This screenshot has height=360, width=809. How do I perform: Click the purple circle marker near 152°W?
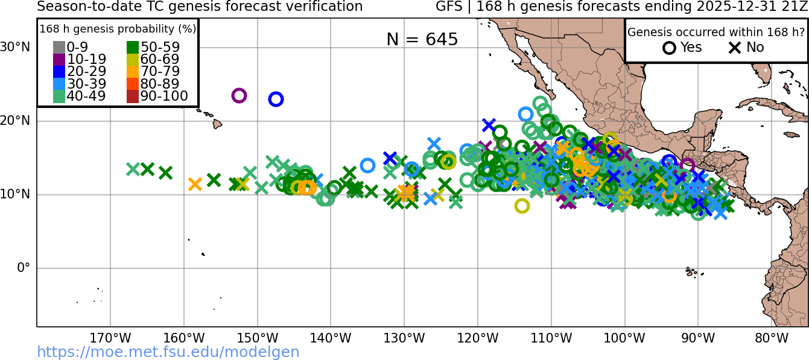pyautogui.click(x=239, y=95)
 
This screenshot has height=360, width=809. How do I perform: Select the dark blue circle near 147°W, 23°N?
pyautogui.click(x=276, y=99)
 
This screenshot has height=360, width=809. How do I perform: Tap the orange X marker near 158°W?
pyautogui.click(x=195, y=185)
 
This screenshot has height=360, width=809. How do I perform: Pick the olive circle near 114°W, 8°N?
pyautogui.click(x=522, y=206)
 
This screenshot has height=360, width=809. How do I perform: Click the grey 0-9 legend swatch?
pyautogui.click(x=59, y=47)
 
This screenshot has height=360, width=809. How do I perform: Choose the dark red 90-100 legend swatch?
pyautogui.click(x=133, y=96)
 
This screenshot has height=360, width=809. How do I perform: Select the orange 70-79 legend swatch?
pyautogui.click(x=133, y=72)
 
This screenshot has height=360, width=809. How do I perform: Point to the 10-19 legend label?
pyautogui.click(x=86, y=59)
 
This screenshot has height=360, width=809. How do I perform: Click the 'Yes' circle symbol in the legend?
pyautogui.click(x=669, y=48)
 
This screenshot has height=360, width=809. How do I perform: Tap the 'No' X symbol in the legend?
pyautogui.click(x=735, y=48)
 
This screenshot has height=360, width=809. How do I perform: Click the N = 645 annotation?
pyautogui.click(x=422, y=39)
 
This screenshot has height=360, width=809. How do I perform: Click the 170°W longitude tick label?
pyautogui.click(x=110, y=338)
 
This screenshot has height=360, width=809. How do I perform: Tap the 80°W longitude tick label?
pyautogui.click(x=772, y=338)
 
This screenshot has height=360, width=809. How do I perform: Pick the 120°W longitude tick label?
pyautogui.click(x=478, y=338)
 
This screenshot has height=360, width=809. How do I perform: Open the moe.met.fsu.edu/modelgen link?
pyautogui.click(x=168, y=352)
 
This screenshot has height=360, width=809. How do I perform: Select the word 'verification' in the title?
pyautogui.click(x=325, y=7)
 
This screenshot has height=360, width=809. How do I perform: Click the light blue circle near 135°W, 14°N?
pyautogui.click(x=367, y=165)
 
